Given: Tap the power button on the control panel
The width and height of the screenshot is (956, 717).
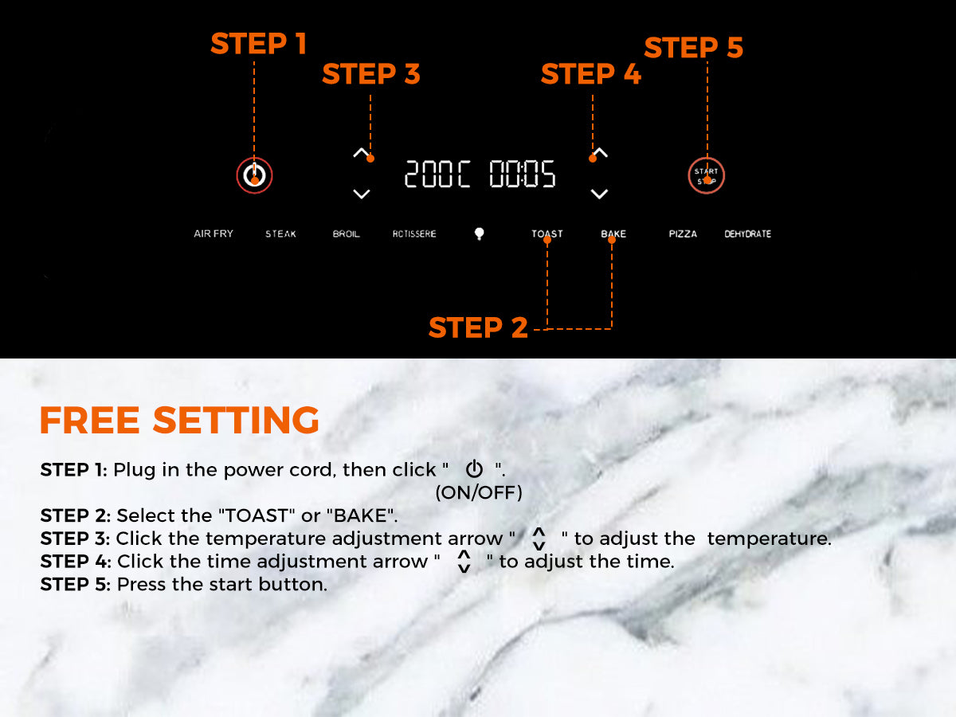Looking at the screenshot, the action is point(254,175).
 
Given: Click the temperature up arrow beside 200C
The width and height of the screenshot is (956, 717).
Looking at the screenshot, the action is point(361,153).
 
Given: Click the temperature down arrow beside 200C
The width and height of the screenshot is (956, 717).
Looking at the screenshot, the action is point(361,194).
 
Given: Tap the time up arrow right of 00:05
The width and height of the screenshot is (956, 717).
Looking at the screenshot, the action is point(600,153).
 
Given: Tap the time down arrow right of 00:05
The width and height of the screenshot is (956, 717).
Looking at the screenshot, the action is point(599,194).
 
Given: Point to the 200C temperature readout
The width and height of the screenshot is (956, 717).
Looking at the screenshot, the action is point(437,174).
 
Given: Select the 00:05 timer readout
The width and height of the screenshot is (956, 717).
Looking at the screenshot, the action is point(522,174).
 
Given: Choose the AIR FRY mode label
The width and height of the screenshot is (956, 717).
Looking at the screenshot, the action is point(214,233).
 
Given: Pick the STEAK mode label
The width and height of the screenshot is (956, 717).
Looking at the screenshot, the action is point(280,233).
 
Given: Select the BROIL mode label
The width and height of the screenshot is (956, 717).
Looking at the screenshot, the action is point(347,233).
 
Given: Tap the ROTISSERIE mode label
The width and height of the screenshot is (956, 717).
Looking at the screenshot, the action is point(414,233).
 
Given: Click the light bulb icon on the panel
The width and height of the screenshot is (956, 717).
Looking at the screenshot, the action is point(479,233).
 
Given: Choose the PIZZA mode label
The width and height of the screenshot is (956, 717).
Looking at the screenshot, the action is point(683,233).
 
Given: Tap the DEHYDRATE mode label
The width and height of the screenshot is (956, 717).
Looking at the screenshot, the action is point(748,233).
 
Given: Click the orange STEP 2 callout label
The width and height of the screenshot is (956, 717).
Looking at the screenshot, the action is point(478,327).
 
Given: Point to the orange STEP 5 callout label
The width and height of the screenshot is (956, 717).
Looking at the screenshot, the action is point(694,47).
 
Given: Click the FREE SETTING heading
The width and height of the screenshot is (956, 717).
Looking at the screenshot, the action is point(179,420).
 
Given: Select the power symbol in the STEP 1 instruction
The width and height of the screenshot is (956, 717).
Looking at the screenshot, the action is point(474,469).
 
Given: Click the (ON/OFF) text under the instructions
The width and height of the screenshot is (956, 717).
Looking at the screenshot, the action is point(479,493).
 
